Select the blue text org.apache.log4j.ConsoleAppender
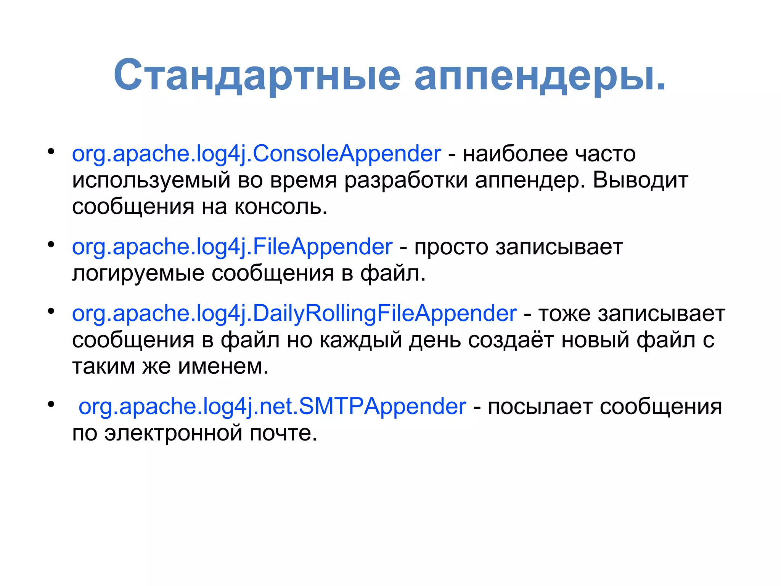(x=256, y=154)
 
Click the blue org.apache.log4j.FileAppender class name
(x=232, y=247)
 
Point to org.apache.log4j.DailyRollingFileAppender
(x=294, y=314)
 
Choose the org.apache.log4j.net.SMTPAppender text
(x=272, y=406)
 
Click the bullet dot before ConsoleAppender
(x=51, y=151)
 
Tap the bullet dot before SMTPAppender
(x=51, y=404)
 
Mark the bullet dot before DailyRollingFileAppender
(x=51, y=311)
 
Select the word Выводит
(x=640, y=180)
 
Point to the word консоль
(x=280, y=207)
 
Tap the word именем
(x=223, y=366)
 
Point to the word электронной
(x=174, y=433)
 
